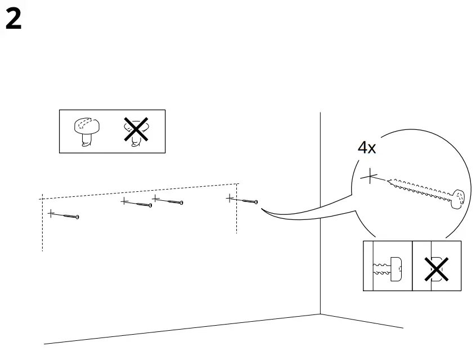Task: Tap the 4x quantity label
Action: click(x=367, y=148)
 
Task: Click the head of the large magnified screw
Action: click(x=459, y=198)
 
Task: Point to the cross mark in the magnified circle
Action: click(x=369, y=177)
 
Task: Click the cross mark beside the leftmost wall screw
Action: click(x=51, y=213)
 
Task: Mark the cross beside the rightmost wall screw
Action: click(x=230, y=197)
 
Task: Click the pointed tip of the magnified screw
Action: click(x=389, y=181)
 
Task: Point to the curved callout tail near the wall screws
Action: click(x=293, y=216)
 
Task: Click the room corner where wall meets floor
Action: click(x=320, y=314)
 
